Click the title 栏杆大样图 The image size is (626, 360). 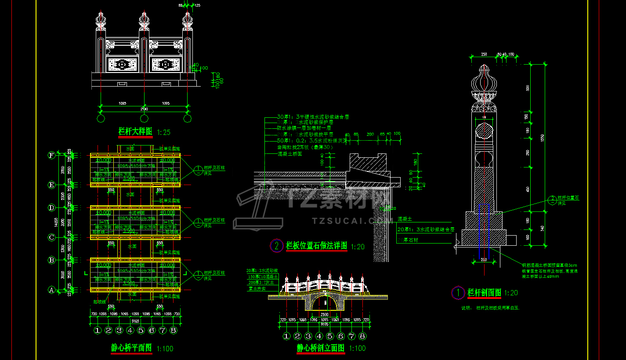tap(135, 131)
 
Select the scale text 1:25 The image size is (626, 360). tap(163, 132)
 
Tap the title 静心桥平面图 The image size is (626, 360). tap(131, 348)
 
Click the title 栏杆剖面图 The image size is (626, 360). tap(484, 292)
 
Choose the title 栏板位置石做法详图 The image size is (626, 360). tap(316, 246)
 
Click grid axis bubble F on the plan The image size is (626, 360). tap(52, 155)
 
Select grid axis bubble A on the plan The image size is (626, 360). tap(52, 290)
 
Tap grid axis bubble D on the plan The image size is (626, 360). tap(52, 207)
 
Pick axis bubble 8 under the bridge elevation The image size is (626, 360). tap(362, 336)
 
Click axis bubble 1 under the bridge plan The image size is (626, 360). tap(98, 330)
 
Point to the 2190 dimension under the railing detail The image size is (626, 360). tap(144, 109)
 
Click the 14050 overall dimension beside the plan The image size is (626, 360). tap(56, 223)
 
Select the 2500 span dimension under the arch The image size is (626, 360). tap(324, 315)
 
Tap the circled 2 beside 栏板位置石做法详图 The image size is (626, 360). tap(276, 246)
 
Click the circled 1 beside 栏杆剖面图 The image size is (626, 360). tap(458, 292)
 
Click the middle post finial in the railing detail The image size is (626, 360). tap(144, 18)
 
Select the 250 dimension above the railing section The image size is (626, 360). tap(484, 55)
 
